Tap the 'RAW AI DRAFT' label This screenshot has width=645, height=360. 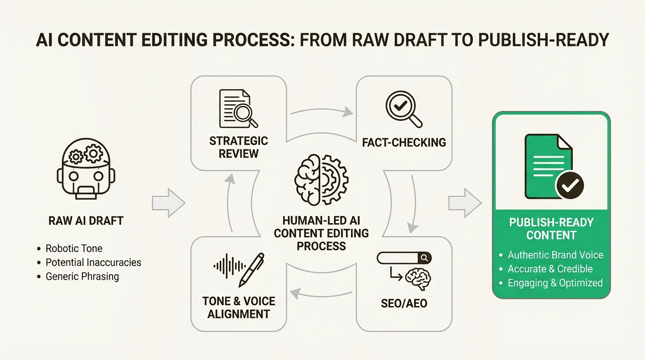(x=86, y=221)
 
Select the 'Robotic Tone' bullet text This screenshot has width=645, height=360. (x=74, y=248)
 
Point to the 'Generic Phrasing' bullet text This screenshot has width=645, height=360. (x=82, y=277)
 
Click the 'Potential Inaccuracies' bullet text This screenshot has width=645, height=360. (x=93, y=262)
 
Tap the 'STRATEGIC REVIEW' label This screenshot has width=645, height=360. (x=239, y=147)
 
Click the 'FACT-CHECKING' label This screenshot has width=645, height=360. (x=404, y=142)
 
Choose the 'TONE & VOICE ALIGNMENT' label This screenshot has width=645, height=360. (x=239, y=307)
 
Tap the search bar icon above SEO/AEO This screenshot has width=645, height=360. (x=404, y=258)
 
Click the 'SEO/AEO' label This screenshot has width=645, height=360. (x=404, y=303)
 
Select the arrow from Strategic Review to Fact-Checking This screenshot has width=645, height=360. (x=322, y=111)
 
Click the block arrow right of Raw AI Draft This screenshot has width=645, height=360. (x=168, y=203)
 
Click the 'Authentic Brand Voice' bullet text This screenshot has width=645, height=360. (x=555, y=255)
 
